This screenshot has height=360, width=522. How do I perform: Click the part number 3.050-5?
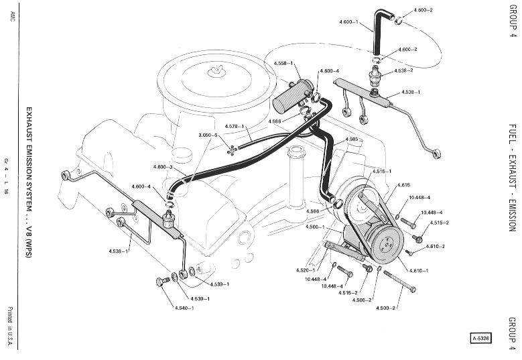click(208, 135)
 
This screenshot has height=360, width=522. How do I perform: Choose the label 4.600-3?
click(163, 167)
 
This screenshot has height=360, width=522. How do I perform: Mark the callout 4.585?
click(352, 139)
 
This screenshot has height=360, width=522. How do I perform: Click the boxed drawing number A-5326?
click(480, 339)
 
